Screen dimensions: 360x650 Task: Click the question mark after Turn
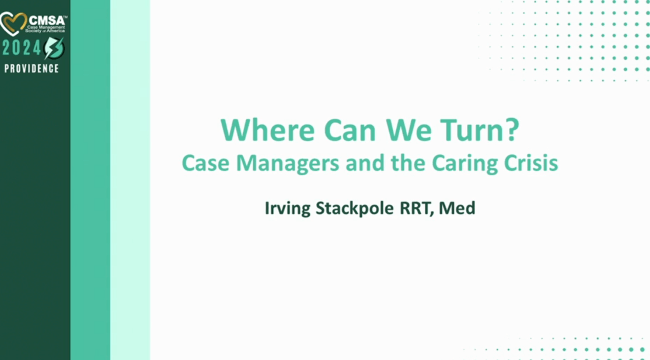coord(512,131)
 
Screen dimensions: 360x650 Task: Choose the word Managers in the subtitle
coord(283,163)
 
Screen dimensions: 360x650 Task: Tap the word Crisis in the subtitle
coord(532,163)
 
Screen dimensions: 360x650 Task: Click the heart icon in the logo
coord(13,24)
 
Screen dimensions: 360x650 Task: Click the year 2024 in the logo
coord(22,48)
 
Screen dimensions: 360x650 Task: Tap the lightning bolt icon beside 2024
coord(54,48)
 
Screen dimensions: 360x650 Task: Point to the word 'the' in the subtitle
coord(396,163)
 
